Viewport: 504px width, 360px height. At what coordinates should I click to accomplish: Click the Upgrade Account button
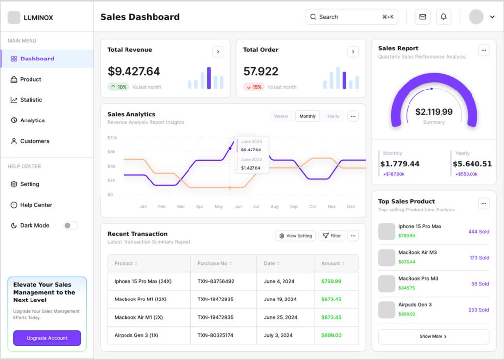point(47,338)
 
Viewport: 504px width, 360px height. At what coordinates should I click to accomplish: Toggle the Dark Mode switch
point(71,226)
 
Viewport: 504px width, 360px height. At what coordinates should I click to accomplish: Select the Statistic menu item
point(31,100)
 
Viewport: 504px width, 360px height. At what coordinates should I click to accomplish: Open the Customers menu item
point(34,141)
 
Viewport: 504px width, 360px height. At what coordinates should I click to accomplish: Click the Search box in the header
point(351,17)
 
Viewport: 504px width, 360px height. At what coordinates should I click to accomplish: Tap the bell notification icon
point(443,17)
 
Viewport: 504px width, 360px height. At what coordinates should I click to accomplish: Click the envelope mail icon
point(422,17)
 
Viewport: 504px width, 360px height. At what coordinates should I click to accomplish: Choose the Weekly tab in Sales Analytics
point(281,116)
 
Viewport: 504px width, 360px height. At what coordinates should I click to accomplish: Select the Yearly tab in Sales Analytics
point(333,116)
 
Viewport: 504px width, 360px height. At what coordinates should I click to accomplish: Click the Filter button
point(332,236)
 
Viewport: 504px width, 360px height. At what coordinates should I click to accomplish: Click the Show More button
point(433,336)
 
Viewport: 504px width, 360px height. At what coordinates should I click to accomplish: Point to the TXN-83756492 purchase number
point(216,281)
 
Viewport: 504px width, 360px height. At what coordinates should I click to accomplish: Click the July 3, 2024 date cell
point(278,335)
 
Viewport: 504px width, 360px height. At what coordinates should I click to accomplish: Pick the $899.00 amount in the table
point(331,335)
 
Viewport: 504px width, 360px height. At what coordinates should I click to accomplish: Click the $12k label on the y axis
point(112,138)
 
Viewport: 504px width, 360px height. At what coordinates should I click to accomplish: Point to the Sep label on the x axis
point(294,207)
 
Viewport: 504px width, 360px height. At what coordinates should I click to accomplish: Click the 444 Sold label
point(478,232)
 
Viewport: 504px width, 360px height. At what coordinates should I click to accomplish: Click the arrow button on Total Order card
point(353,52)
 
